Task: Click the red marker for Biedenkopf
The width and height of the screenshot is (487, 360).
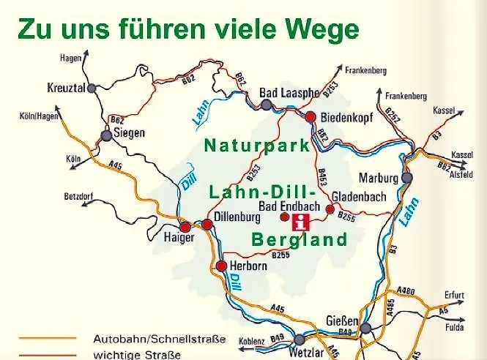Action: pos(310,116)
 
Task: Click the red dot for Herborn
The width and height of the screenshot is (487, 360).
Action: pos(221,266)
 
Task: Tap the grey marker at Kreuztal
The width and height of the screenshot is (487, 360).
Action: pos(92,88)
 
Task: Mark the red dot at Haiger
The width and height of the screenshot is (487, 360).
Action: pos(185,227)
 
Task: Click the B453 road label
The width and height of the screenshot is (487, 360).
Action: pos(321,177)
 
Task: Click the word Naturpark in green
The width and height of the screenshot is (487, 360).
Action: pos(257,146)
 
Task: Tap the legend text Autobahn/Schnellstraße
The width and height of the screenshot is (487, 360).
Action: pos(159,340)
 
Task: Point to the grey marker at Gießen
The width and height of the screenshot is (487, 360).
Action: pos(365,328)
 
